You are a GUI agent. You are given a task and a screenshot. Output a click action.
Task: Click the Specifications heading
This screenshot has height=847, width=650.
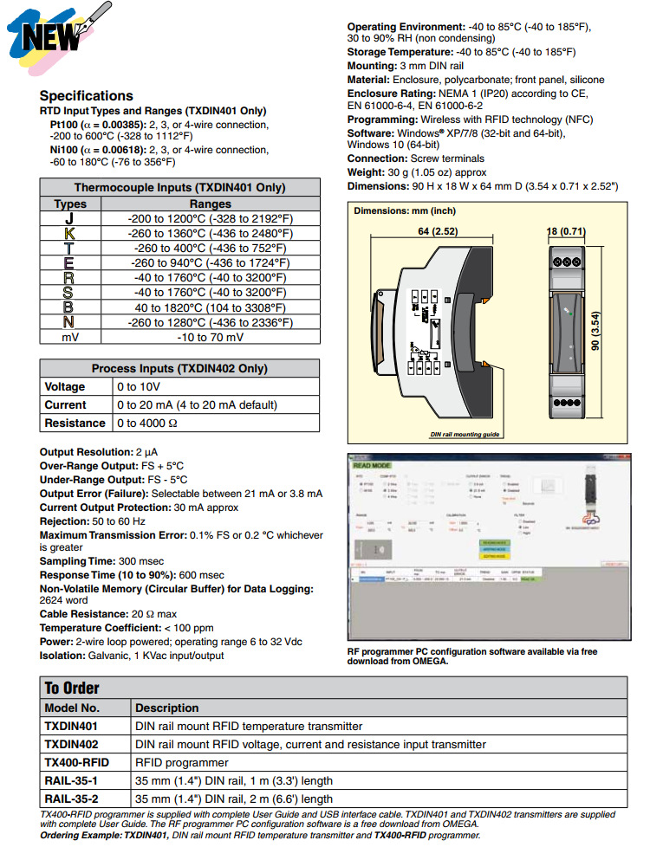point(87,95)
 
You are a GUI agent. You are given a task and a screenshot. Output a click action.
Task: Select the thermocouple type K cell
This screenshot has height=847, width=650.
point(70,233)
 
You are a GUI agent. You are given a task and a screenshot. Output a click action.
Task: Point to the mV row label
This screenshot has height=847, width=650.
point(70,337)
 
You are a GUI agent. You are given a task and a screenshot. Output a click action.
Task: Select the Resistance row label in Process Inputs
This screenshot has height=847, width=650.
point(75,423)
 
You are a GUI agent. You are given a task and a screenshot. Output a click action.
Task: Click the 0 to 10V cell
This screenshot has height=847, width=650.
point(139,386)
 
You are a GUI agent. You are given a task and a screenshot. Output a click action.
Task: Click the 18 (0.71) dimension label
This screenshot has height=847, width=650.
point(567,232)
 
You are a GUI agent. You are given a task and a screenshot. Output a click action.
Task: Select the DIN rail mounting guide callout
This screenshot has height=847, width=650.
point(465,434)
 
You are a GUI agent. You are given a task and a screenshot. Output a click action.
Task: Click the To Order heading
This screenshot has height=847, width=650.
point(72,688)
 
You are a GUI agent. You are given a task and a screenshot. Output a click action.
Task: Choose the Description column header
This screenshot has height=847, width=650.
point(167,708)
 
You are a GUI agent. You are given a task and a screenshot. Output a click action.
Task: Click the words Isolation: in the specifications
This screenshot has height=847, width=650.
point(63,656)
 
